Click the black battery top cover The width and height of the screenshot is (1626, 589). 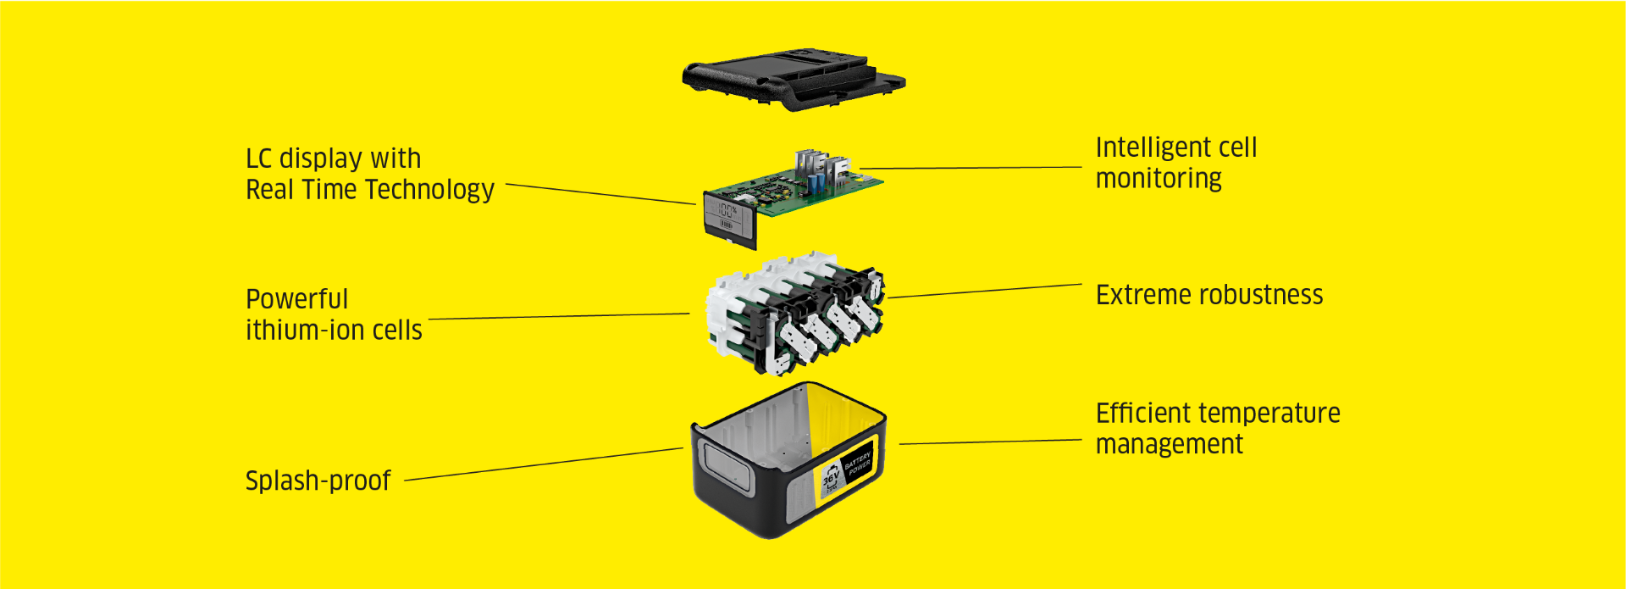click(793, 78)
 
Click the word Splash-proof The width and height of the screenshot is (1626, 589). click(318, 481)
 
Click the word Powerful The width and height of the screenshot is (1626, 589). click(296, 299)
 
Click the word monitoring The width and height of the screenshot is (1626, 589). click(1159, 179)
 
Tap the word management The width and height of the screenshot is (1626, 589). click(1169, 444)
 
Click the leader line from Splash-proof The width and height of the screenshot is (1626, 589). click(542, 464)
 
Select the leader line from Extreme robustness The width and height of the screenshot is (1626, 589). click(982, 291)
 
